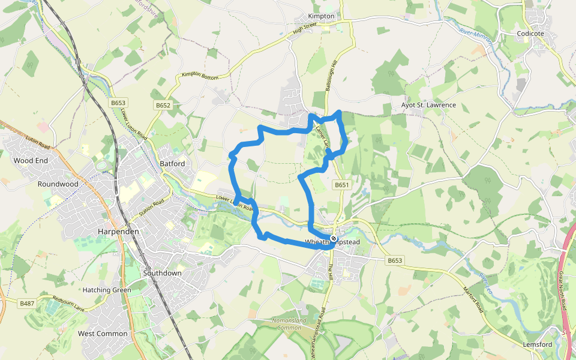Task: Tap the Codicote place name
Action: [530, 34]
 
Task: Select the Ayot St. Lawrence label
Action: [428, 105]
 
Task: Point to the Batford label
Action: [173, 163]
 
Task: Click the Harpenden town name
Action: [118, 231]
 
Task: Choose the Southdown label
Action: [162, 273]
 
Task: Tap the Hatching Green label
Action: [107, 290]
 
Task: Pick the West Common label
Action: [103, 334]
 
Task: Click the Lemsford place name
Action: [537, 344]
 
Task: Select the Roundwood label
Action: [58, 184]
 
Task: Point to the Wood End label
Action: [31, 161]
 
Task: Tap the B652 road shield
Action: [163, 105]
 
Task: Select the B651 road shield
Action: [342, 185]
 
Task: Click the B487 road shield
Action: [27, 304]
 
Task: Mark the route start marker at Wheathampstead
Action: [334, 239]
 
